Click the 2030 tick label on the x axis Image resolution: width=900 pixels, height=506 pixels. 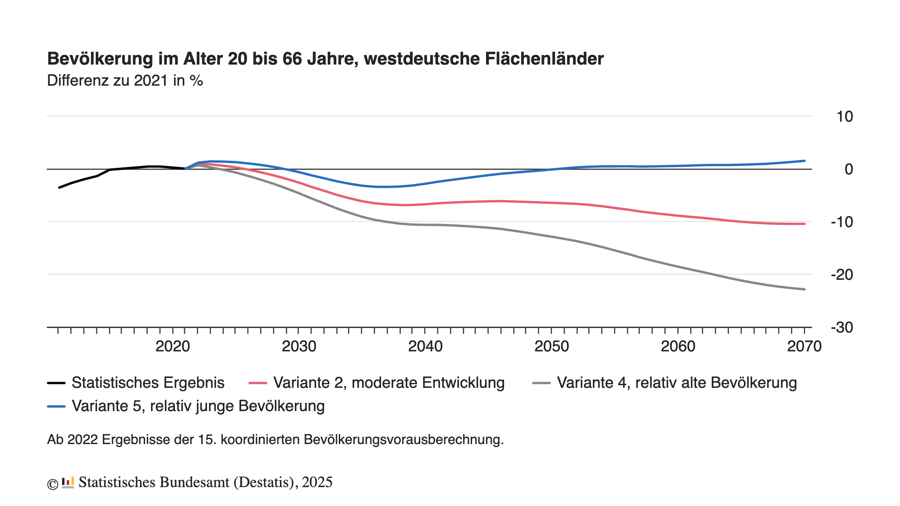click(x=299, y=347)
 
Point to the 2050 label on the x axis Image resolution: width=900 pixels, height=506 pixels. click(x=552, y=347)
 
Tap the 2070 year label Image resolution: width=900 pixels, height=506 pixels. click(x=804, y=347)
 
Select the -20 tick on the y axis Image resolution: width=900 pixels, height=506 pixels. click(x=842, y=275)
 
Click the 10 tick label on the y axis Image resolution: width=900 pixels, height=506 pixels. click(x=845, y=117)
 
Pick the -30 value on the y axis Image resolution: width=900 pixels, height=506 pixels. click(x=842, y=328)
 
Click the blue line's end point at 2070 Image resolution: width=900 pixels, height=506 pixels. click(x=805, y=161)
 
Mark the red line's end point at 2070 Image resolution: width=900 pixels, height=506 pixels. click(x=805, y=224)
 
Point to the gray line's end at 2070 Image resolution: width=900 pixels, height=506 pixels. click(x=805, y=289)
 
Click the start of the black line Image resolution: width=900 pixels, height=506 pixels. click(x=59, y=188)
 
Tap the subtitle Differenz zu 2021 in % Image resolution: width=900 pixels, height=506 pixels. click(x=125, y=81)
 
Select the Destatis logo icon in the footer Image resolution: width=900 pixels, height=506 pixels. click(x=68, y=483)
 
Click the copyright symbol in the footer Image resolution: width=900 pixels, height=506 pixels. click(x=53, y=484)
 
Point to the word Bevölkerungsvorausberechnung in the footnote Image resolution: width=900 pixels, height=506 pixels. click(x=403, y=440)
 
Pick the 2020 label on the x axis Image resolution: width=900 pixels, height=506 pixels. click(x=173, y=347)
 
